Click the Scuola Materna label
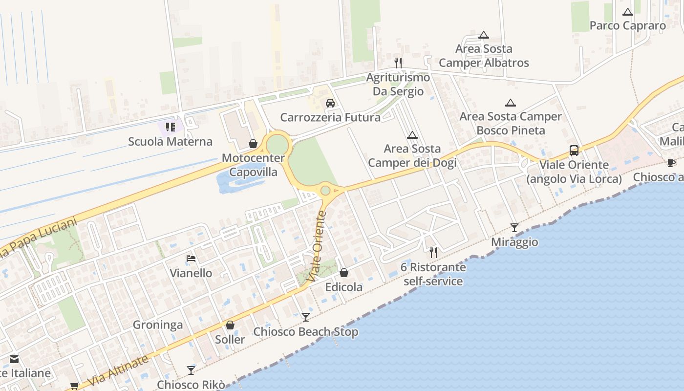click(170, 142)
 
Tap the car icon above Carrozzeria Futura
click(330, 103)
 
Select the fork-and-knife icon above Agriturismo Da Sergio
click(398, 63)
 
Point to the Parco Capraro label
click(627, 25)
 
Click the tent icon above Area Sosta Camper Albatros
click(484, 35)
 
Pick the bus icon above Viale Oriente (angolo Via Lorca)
click(574, 151)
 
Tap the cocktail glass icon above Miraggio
click(514, 227)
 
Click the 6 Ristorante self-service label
click(433, 274)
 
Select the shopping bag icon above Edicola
click(344, 273)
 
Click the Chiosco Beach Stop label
click(305, 332)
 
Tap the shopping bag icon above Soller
click(230, 325)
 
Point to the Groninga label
click(158, 325)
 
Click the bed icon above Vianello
click(191, 259)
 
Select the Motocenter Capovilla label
click(253, 165)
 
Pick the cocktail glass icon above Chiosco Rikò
click(191, 370)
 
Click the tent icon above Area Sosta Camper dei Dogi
click(412, 135)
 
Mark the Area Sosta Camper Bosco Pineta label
click(511, 123)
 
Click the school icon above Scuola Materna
click(170, 127)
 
